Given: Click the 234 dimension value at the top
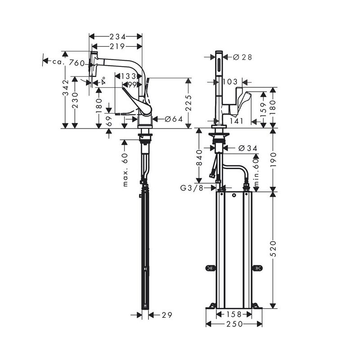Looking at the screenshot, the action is (x=117, y=37).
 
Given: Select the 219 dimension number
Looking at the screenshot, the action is (x=117, y=47).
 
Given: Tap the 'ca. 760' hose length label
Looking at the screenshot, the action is (x=68, y=62).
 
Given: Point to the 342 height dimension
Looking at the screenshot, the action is (x=66, y=88).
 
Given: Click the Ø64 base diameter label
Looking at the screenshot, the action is (x=174, y=119).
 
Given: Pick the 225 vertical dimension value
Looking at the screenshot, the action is (x=189, y=103).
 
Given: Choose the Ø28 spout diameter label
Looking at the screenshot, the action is (x=243, y=57).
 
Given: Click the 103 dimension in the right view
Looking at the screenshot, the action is (x=230, y=81).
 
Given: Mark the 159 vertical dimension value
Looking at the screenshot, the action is (x=263, y=109).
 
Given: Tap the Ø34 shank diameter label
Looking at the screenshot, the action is (x=248, y=148).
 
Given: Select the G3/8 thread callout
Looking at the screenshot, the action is (x=192, y=188).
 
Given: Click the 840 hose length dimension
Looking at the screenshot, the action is (x=199, y=157).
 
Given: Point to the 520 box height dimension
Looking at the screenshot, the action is (x=273, y=249).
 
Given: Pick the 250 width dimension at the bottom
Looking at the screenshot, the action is (x=234, y=324).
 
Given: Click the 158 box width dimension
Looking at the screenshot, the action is (x=234, y=314).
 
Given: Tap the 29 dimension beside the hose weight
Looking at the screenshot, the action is (x=167, y=315).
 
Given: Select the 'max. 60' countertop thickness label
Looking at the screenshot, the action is (x=125, y=170).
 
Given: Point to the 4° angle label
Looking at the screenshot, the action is (x=103, y=80).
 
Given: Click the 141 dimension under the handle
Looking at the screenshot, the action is (x=237, y=121).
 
